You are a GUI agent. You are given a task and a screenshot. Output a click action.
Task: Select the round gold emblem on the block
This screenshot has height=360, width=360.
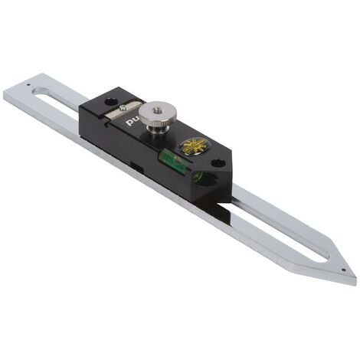coord(196,146)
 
